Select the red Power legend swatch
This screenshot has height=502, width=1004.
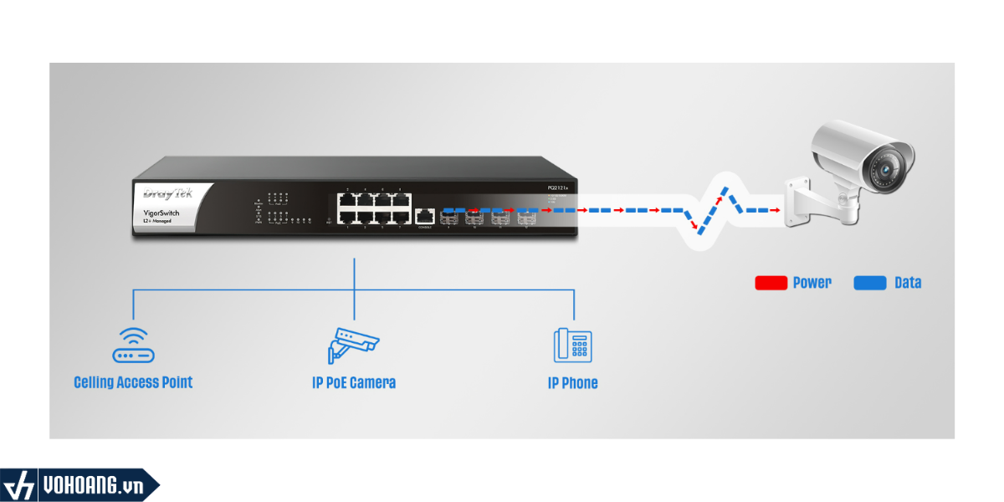(x=771, y=283)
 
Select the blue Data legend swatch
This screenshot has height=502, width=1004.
(x=870, y=283)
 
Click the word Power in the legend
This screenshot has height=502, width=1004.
(x=812, y=283)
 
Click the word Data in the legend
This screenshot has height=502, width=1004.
(x=908, y=283)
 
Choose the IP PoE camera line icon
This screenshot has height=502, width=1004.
(x=352, y=343)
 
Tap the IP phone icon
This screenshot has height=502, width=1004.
(x=572, y=345)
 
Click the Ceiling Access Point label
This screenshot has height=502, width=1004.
(x=133, y=382)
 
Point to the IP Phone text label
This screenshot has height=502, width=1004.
(x=572, y=383)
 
